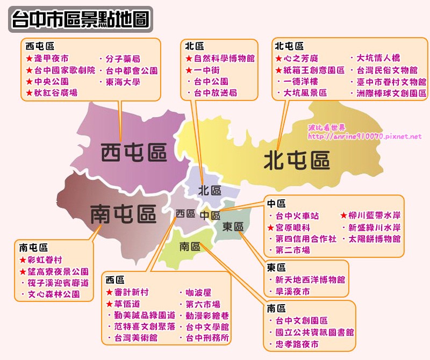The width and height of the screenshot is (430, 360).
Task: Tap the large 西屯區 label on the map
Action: coord(134,153)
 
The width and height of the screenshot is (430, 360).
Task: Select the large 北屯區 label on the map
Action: coord(296,160)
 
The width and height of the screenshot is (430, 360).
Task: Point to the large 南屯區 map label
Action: coord(123,214)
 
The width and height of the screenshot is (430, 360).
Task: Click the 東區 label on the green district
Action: coord(233,226)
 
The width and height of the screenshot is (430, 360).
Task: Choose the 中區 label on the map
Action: coord(210,215)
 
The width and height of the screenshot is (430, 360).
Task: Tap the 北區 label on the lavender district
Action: coord(210,190)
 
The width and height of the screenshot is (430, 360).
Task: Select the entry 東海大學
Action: coord(123,82)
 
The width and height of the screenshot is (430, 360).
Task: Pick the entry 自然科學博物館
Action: coord(224,59)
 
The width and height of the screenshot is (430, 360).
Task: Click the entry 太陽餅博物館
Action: coord(375,239)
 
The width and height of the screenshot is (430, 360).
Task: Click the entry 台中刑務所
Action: coord(207,338)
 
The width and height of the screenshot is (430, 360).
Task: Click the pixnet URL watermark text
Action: coord(364,136)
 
